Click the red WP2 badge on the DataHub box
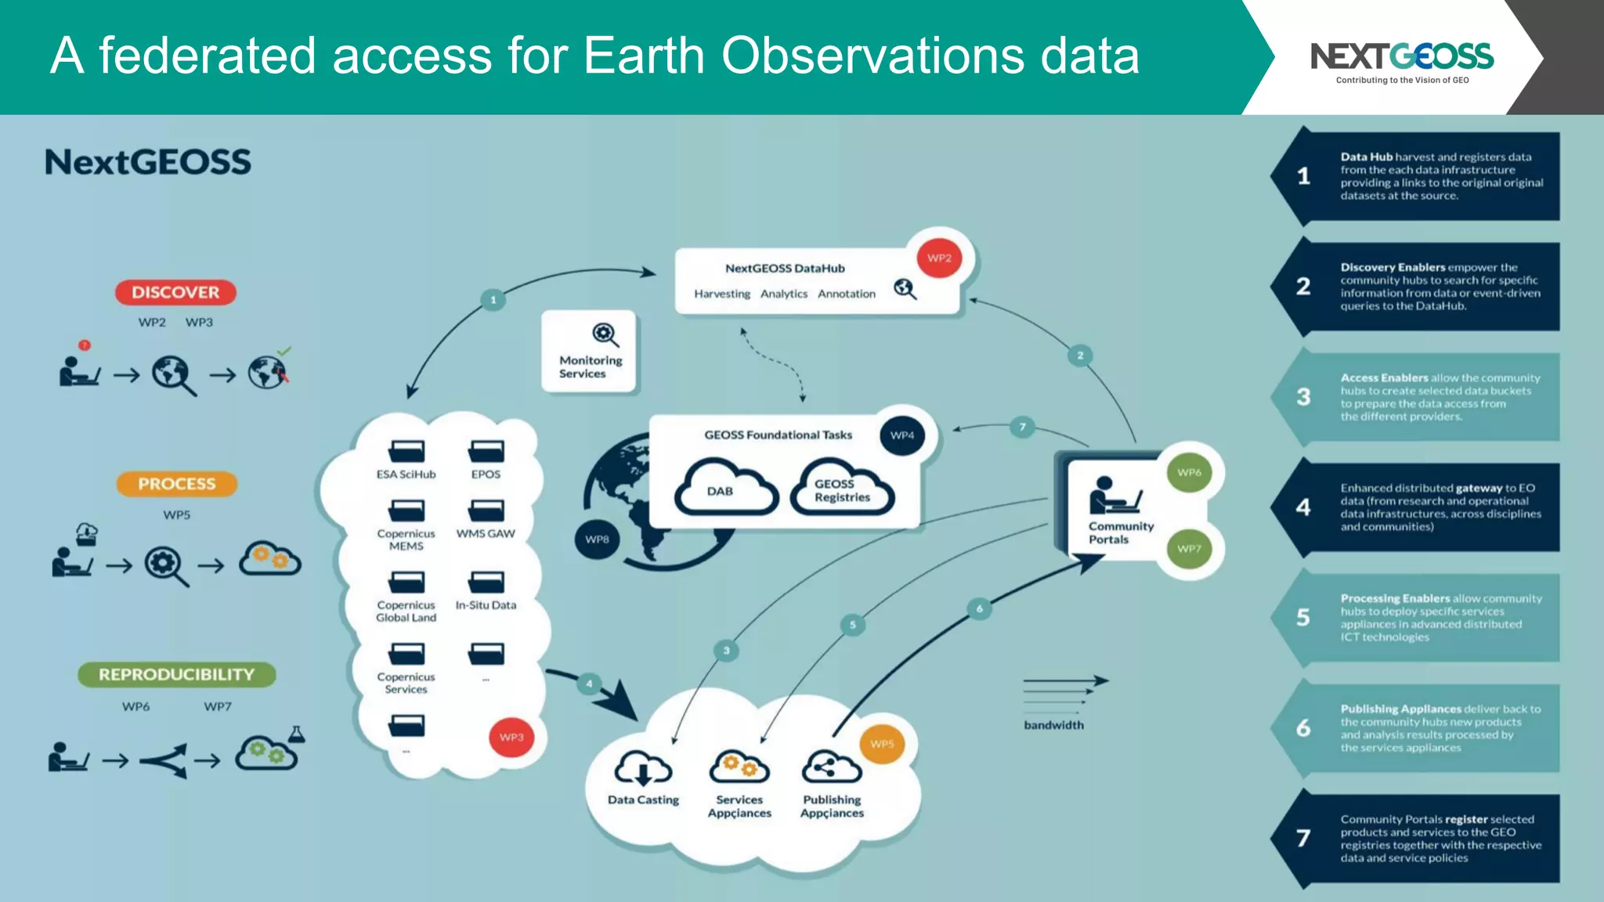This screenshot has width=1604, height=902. (939, 258)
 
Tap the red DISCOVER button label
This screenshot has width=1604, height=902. (175, 292)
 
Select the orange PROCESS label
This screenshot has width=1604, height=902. (176, 484)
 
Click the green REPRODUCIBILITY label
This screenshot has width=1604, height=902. (176, 674)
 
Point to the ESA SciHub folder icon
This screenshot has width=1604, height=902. (406, 452)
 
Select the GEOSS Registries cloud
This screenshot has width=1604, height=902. (842, 489)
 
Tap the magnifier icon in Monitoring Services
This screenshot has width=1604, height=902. (604, 335)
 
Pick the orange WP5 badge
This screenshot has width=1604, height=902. (882, 744)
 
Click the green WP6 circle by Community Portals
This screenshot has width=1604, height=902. (1189, 472)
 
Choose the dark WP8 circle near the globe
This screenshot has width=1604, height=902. (597, 539)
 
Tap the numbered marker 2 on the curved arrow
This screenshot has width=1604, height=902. (1080, 355)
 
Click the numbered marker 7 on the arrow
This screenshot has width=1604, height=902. (1022, 427)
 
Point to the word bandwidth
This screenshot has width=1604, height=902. (1053, 725)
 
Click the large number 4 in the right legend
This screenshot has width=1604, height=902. (1303, 507)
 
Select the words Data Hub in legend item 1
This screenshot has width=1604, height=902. (1366, 157)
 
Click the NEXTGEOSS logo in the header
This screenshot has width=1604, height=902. (1402, 57)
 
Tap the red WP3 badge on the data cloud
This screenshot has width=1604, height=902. (511, 737)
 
